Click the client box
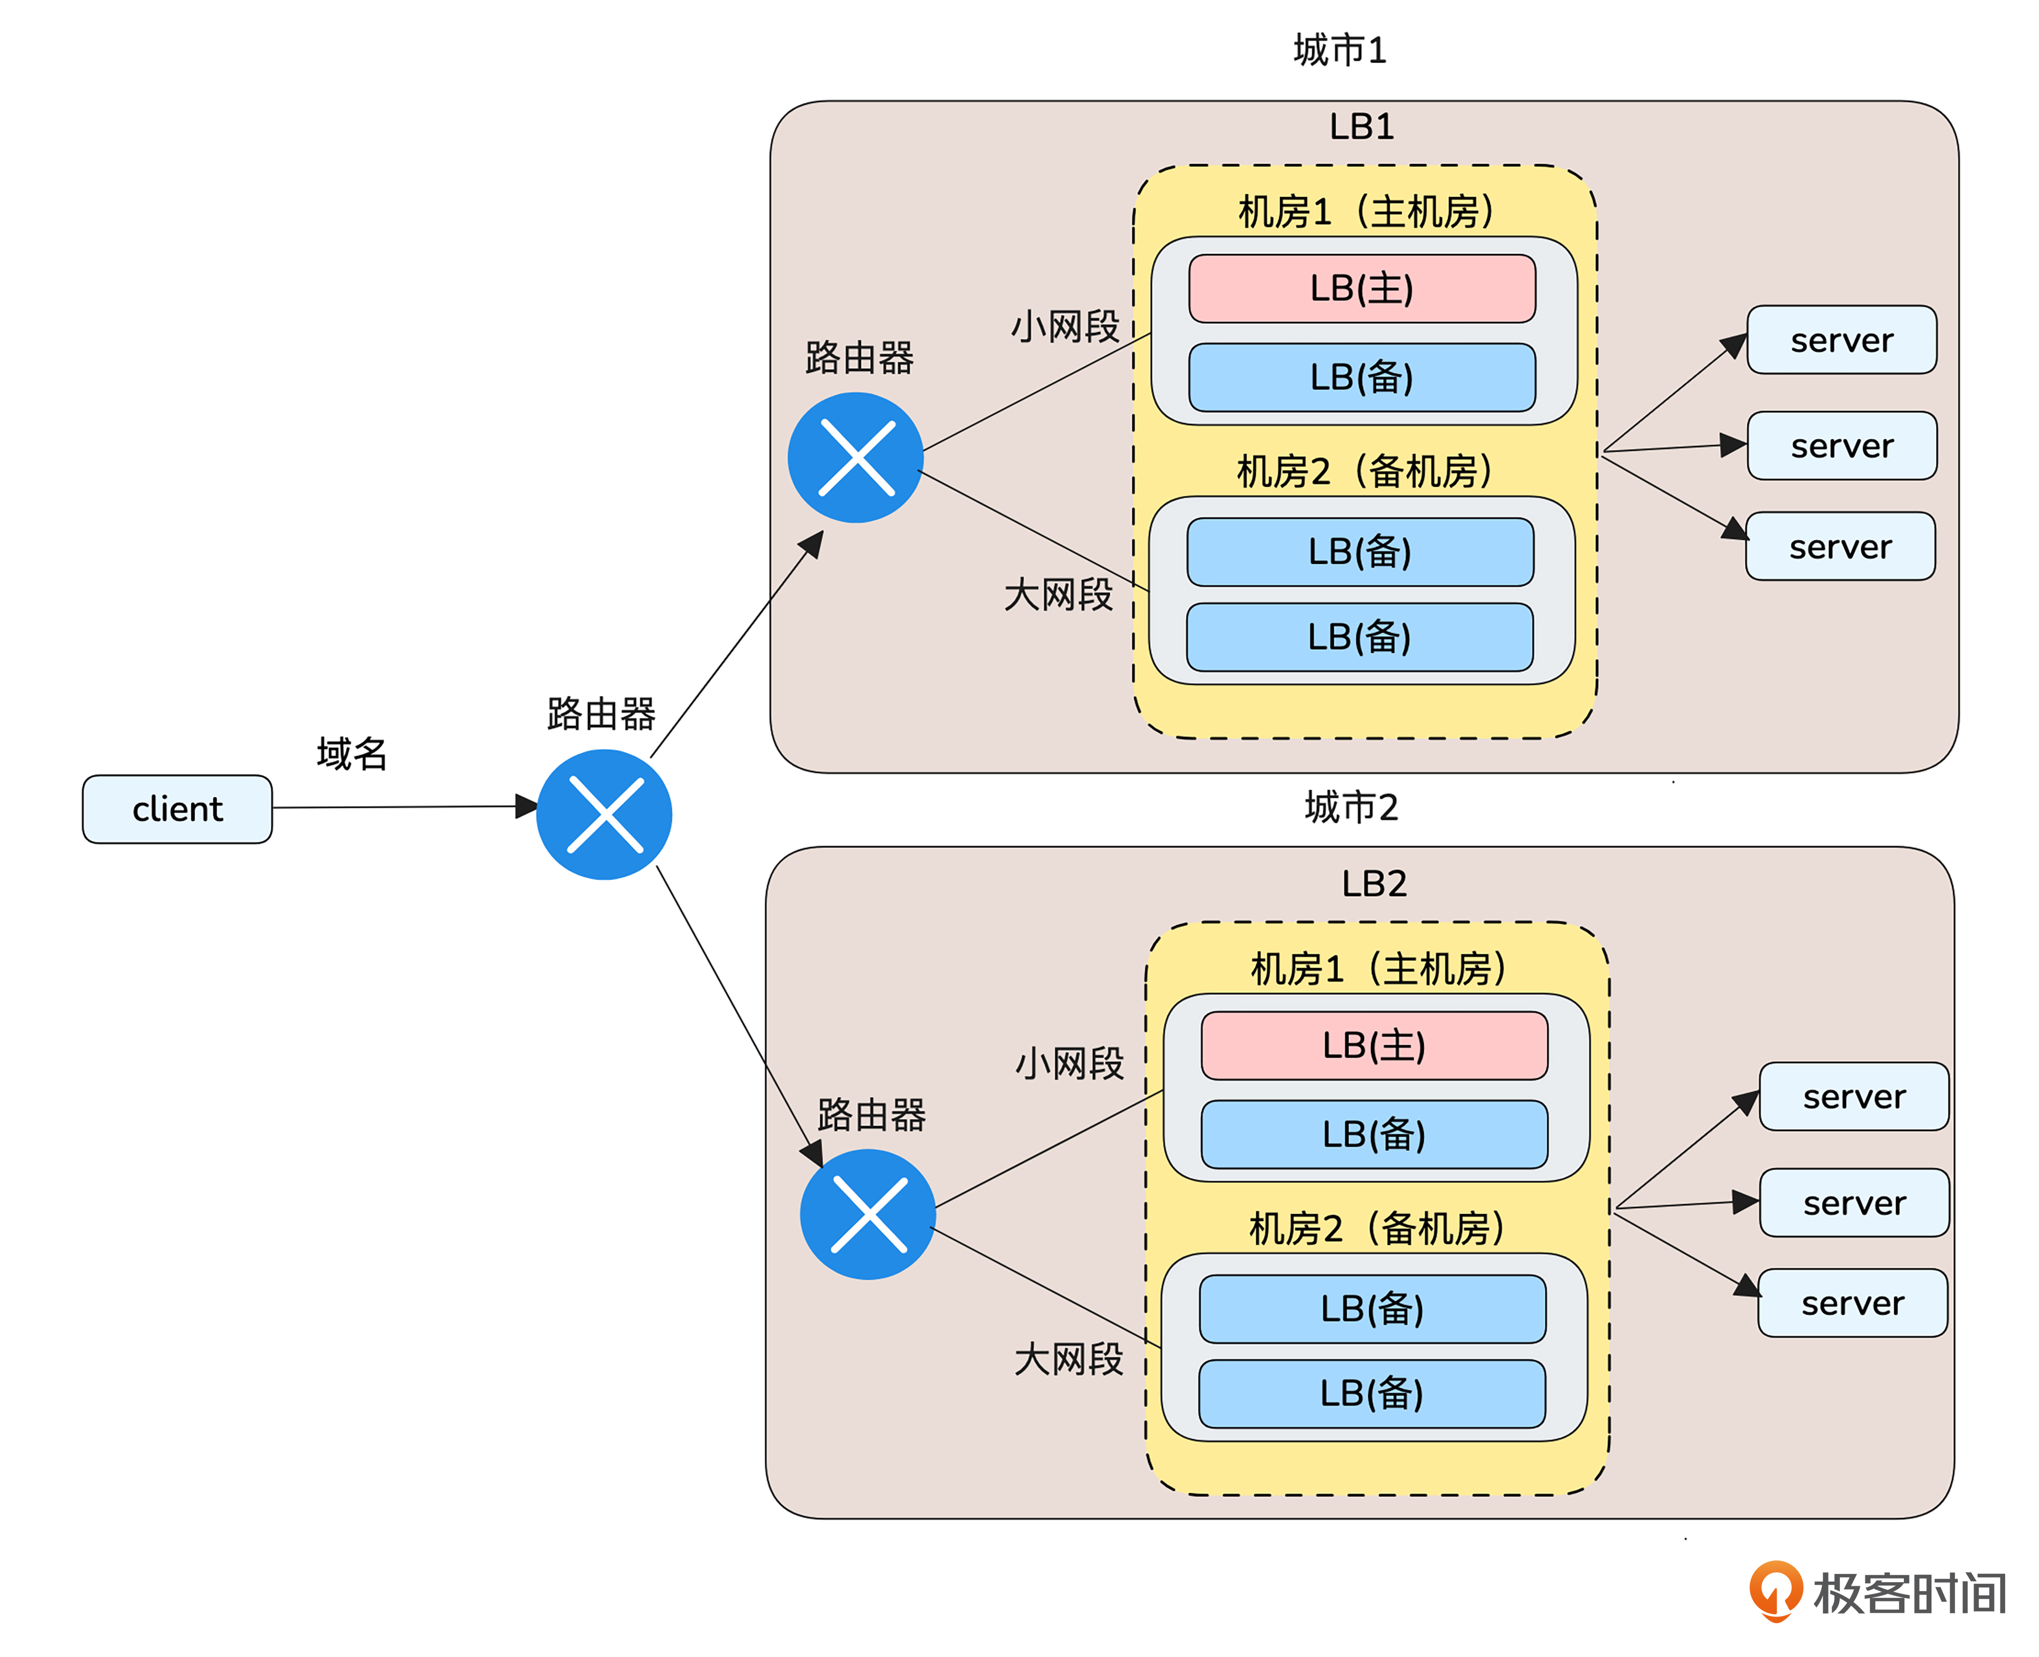click(x=178, y=809)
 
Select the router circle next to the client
click(x=604, y=814)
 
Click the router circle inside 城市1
click(x=856, y=457)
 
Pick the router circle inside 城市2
click(x=867, y=1214)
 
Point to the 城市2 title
click(x=1351, y=808)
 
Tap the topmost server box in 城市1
click(x=1841, y=340)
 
